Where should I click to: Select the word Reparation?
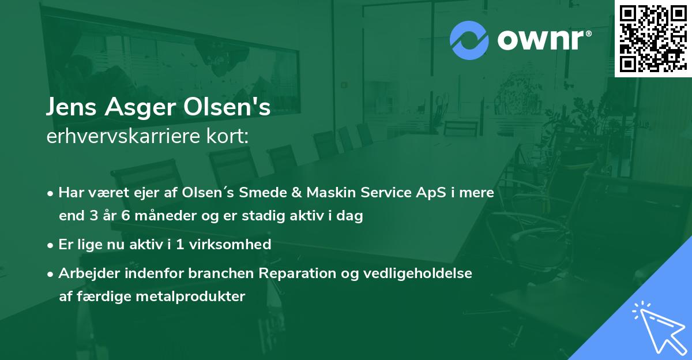click(294, 273)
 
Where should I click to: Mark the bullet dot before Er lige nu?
click(51, 245)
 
